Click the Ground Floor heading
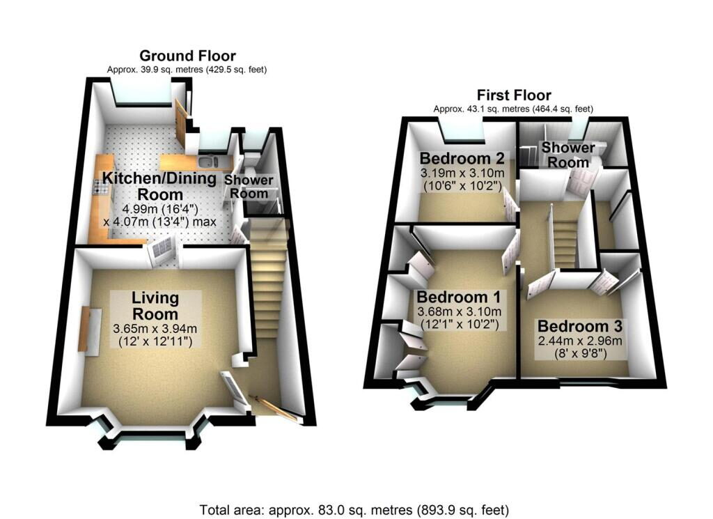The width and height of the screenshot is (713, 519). [x=187, y=56]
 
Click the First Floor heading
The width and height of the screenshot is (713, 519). [x=514, y=95]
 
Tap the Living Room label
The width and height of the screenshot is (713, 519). [x=155, y=306]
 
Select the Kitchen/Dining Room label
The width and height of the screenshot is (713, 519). [x=159, y=185]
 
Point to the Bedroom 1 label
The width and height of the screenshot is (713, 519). [x=459, y=297]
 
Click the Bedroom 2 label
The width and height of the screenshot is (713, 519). [x=462, y=158]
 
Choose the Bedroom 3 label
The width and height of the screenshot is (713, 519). [x=580, y=326]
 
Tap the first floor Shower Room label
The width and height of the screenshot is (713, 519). [x=568, y=155]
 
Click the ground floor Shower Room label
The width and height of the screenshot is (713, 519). [x=249, y=187]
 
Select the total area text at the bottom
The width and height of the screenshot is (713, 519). [x=354, y=509]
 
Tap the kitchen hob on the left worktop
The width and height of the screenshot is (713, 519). [x=98, y=187]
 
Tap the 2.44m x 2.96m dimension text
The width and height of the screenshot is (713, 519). [x=580, y=341]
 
